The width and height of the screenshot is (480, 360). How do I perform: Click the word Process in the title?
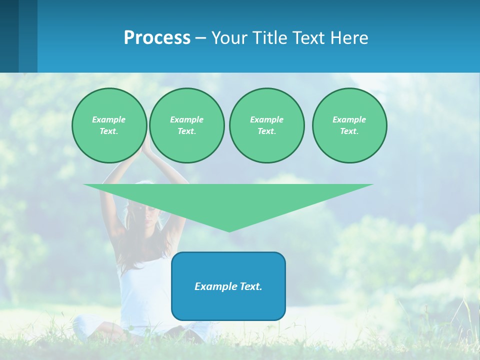click(x=157, y=38)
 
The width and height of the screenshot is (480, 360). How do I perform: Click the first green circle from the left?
click(x=109, y=125)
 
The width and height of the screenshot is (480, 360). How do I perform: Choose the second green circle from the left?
click(x=186, y=125)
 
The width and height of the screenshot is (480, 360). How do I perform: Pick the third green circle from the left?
click(x=266, y=125)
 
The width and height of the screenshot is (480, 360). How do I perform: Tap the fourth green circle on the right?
click(x=349, y=125)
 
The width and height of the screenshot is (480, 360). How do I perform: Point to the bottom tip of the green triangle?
click(x=229, y=231)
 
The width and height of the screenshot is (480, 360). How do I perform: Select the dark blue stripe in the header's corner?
click(x=9, y=36)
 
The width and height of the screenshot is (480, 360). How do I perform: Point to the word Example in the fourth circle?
click(x=349, y=119)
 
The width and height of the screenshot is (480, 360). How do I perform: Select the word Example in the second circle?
click(x=186, y=119)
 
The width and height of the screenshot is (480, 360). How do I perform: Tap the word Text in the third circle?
click(x=266, y=131)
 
